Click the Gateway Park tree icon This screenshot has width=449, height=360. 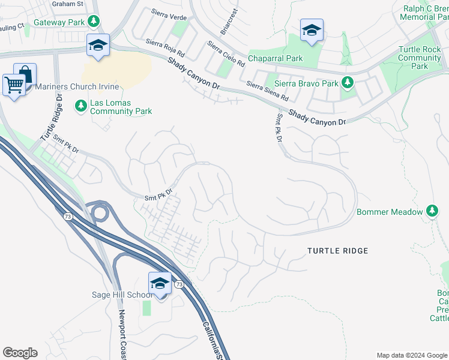[x=93, y=22]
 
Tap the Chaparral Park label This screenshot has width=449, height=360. [x=276, y=58]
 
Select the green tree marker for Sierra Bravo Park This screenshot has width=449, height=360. [x=347, y=83]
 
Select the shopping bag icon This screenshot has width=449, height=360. [x=25, y=74]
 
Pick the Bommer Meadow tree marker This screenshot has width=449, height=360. [x=432, y=211]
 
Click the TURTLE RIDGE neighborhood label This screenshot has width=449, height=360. [x=337, y=250]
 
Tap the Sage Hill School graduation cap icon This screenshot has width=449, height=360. [x=160, y=283]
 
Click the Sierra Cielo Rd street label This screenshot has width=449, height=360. [x=226, y=54]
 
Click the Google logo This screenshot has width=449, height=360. [x=20, y=353]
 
